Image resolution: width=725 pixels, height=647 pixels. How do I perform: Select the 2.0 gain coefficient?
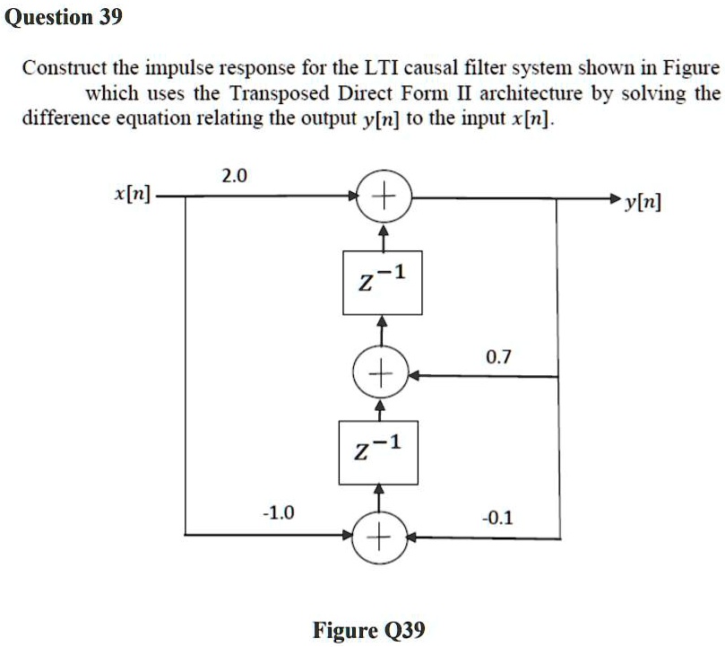232,175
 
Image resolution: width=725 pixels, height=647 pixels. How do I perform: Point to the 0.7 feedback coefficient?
498,357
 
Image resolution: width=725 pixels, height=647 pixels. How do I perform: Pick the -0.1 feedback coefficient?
497,518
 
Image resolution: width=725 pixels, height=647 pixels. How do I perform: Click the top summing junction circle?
383,195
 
